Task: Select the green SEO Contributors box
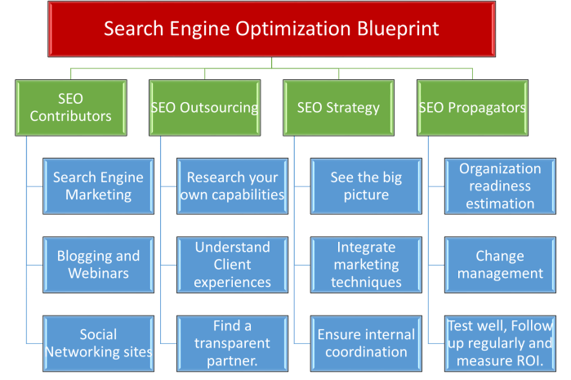(x=70, y=107)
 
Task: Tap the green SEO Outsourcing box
(x=204, y=107)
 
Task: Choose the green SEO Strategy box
(x=338, y=107)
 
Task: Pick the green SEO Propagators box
(x=472, y=107)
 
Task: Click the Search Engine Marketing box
(x=98, y=186)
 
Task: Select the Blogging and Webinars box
(x=98, y=264)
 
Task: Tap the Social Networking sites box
(x=98, y=342)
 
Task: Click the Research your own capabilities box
(x=232, y=186)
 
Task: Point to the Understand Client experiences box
(x=232, y=264)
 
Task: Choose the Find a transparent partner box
(x=232, y=342)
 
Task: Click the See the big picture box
(x=366, y=186)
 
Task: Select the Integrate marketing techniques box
(x=366, y=264)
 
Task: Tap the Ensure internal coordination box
(x=366, y=342)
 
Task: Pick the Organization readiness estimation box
(x=500, y=186)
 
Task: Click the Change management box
(x=500, y=264)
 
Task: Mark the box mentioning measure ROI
(x=500, y=343)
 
